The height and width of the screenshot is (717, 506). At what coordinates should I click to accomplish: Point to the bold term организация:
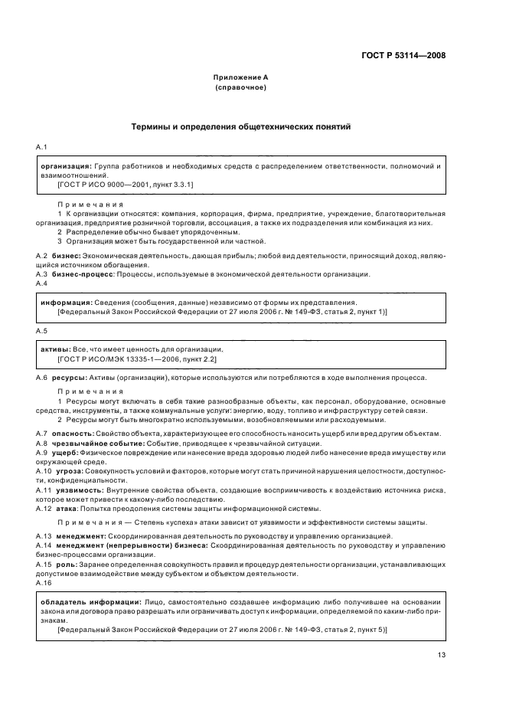(66, 165)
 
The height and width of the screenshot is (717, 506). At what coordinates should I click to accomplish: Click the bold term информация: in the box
(66, 303)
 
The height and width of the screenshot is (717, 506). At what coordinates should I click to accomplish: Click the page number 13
(442, 654)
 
